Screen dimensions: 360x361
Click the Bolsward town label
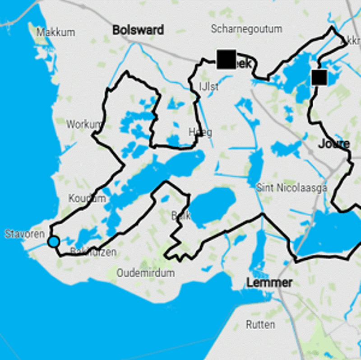pos(138,30)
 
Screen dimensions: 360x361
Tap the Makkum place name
pos(56,33)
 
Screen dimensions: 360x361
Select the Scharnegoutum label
pos(246,29)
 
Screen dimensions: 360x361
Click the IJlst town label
pos(208,87)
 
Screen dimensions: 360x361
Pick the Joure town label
pos(334,144)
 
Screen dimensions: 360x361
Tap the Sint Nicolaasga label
pos(292,188)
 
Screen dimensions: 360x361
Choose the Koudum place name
pos(87,198)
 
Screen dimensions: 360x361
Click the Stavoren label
pos(25,234)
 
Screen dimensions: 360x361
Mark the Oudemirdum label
pos(145,273)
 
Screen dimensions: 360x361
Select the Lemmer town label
pos(269,283)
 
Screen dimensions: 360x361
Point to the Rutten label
pos(260,324)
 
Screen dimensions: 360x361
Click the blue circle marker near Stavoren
pos(54,242)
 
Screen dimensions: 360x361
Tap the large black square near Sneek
pos(226,59)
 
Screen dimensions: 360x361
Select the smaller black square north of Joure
pos(319,77)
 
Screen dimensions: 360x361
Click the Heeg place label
pos(200,132)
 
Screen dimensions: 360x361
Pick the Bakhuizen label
pos(93,252)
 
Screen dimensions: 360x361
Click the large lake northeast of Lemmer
pos(328,232)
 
